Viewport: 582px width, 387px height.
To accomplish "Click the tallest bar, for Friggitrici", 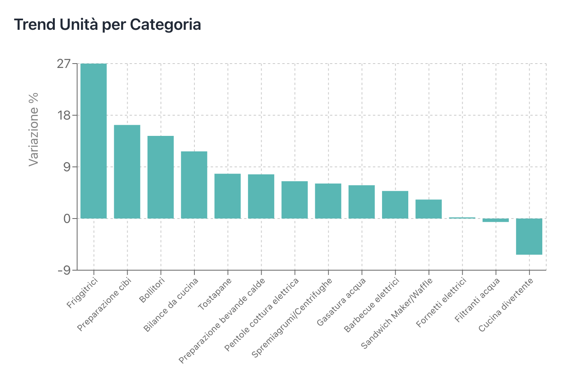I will click(93, 141).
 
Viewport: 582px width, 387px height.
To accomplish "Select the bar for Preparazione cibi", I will click(127, 172).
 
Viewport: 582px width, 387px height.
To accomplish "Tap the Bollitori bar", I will click(161, 177).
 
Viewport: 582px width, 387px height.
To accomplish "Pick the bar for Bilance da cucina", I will click(194, 185).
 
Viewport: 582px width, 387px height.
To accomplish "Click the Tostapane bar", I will click(227, 196).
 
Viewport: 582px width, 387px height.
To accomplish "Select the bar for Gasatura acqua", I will click(361, 202).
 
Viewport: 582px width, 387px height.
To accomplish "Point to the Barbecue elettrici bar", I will click(395, 205).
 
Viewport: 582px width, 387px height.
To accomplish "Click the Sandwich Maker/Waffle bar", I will click(429, 209).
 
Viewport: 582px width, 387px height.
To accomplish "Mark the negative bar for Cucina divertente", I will click(529, 236).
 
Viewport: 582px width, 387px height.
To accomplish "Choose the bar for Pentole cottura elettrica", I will click(295, 200).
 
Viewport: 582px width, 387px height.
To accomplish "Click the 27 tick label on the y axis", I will click(64, 64).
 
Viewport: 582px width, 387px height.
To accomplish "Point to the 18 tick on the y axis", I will click(64, 115).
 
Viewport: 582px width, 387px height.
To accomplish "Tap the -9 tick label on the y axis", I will click(64, 270).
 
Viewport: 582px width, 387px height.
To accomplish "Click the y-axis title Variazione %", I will click(34, 129).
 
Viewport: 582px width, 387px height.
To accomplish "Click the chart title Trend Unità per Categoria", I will click(108, 25).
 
